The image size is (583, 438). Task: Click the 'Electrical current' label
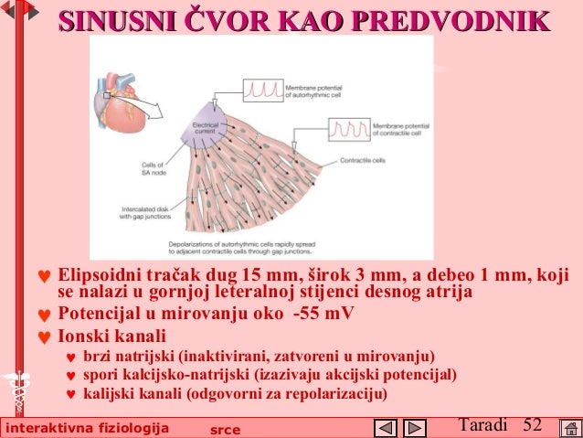click(x=207, y=127)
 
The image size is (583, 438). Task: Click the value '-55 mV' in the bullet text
click(x=323, y=314)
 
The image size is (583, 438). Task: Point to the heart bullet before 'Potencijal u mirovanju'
click(x=41, y=315)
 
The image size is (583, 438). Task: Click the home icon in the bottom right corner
click(x=567, y=427)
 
